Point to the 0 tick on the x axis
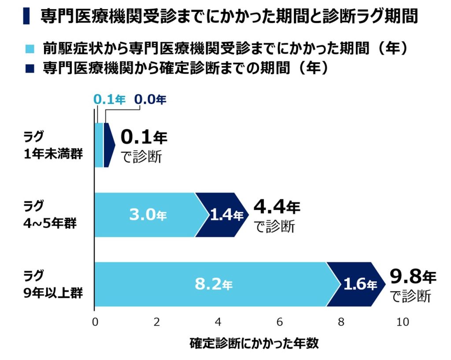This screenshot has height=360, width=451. tap(95, 322)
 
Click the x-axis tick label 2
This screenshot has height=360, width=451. tap(156, 322)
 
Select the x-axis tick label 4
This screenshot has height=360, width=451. tap(218, 322)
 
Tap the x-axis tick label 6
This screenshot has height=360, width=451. tap(280, 322)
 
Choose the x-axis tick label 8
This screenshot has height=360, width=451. tap(341, 322)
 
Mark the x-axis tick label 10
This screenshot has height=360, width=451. tap(402, 322)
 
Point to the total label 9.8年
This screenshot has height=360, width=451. tap(413, 277)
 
